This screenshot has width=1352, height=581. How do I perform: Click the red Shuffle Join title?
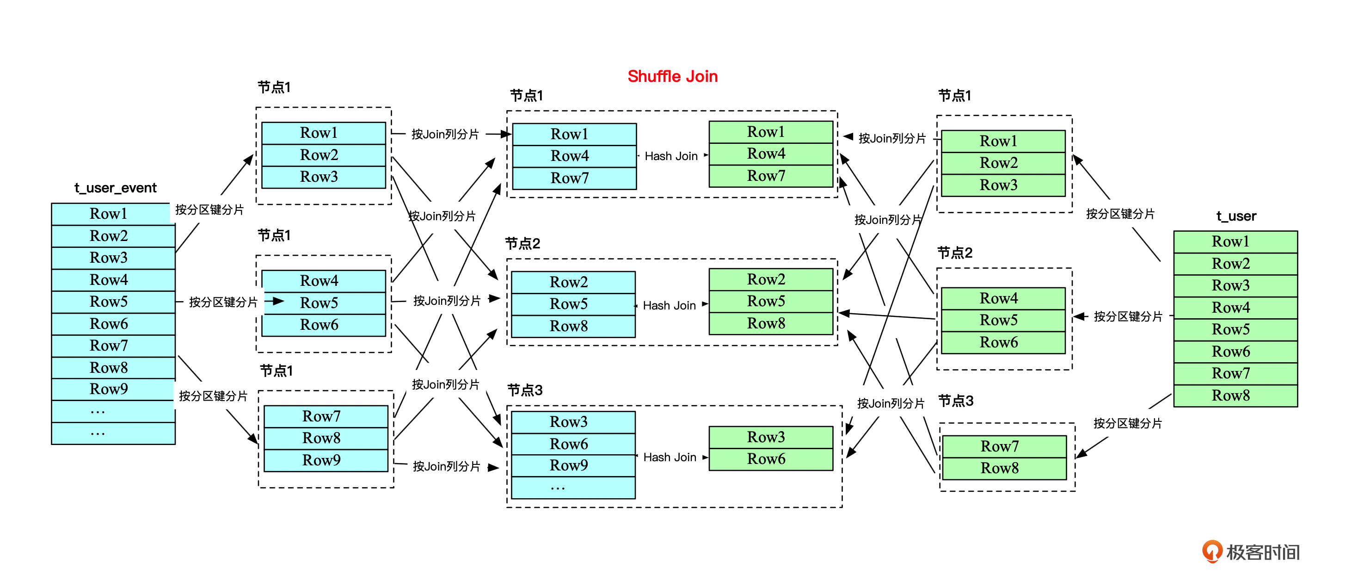[672, 77]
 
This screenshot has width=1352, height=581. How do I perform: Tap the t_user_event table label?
[116, 188]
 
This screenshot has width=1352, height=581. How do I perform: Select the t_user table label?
[1236, 216]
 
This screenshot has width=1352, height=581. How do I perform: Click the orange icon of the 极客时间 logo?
[1212, 551]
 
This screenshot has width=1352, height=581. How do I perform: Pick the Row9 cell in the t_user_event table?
[109, 389]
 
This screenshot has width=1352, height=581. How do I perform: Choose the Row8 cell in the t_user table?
[1230, 395]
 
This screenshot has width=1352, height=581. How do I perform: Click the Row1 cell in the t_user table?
[1230, 241]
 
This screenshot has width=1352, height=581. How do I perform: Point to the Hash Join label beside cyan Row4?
[671, 156]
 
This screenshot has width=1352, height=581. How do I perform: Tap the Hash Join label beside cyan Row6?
[670, 457]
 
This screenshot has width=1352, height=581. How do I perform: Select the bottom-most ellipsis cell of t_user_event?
[98, 433]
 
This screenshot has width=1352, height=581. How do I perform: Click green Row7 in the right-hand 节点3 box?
[999, 446]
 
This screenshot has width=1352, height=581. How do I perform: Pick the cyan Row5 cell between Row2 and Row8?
[569, 304]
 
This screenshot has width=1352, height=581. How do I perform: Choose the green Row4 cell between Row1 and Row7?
[766, 154]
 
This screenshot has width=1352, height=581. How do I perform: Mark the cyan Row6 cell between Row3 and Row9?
[569, 444]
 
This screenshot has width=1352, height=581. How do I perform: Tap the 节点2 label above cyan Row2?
[522, 243]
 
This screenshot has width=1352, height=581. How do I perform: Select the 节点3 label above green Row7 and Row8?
[956, 401]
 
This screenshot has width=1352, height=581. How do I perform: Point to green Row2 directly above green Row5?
[766, 279]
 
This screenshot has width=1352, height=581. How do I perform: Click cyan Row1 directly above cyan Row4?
[569, 134]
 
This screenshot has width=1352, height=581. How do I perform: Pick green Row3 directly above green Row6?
[766, 437]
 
